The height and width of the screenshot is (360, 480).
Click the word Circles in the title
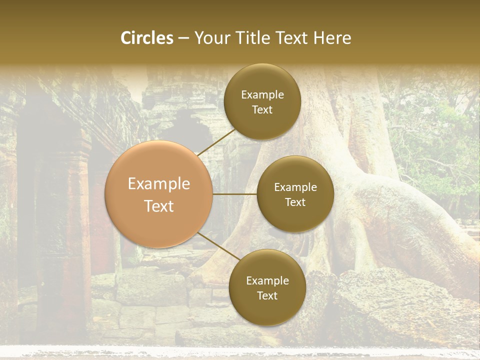pos(147,38)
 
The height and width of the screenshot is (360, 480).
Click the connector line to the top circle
pos(216,141)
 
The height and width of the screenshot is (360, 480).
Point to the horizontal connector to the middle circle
pos(235,194)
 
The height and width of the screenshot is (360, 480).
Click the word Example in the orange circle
pos(159,184)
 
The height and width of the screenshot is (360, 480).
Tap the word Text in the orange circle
pos(159,206)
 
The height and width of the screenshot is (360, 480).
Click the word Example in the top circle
pos(262,95)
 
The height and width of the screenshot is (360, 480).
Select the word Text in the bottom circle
pos(267,295)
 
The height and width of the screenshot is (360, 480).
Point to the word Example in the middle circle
pos(295,187)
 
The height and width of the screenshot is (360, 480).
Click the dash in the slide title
pos(183,38)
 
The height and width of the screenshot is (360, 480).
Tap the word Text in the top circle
pos(262,109)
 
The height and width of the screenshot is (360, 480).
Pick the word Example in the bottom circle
pos(267,280)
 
